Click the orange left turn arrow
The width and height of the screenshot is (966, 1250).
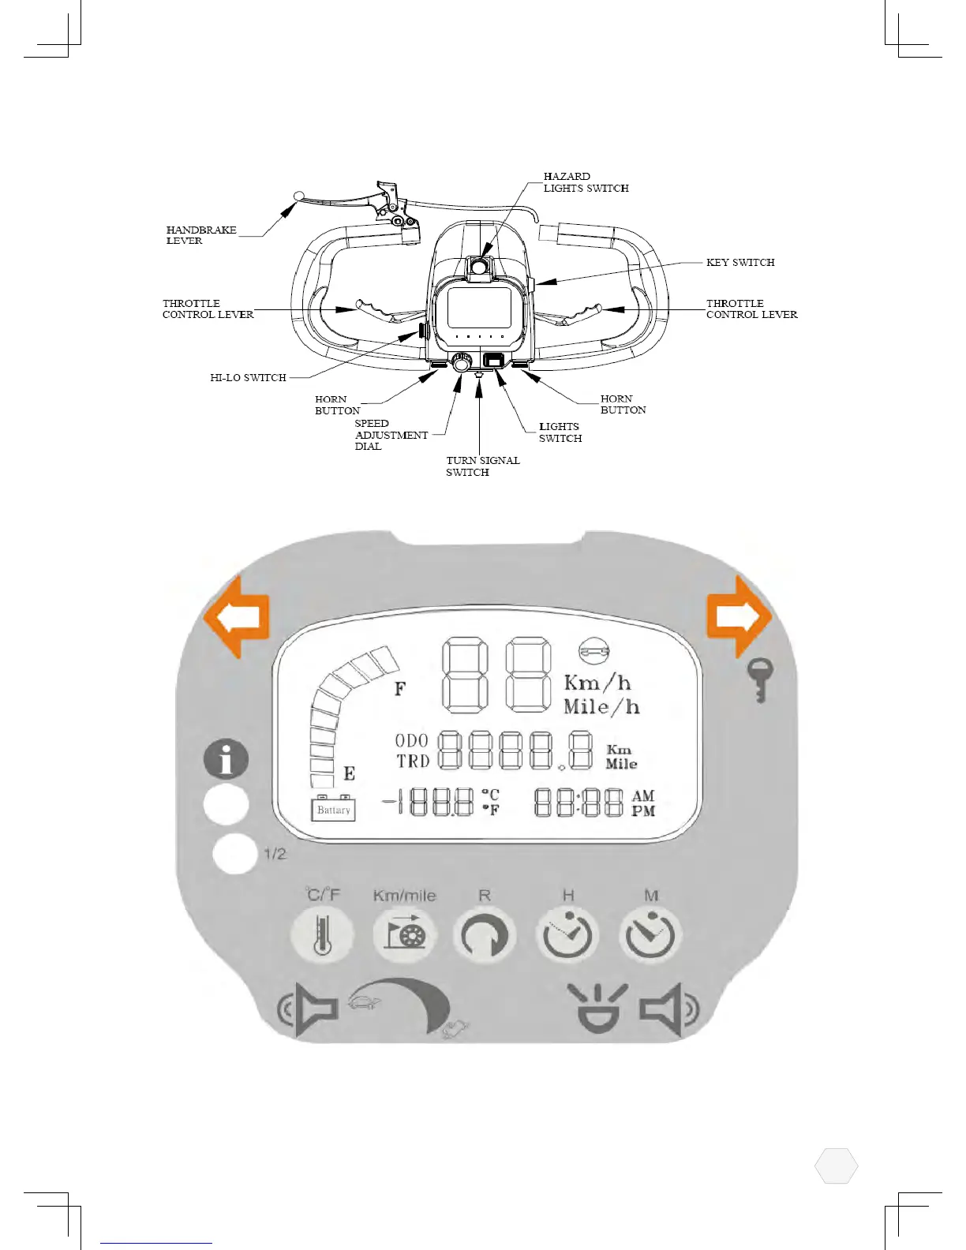tap(237, 616)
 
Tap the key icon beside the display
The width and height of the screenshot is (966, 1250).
tap(760, 680)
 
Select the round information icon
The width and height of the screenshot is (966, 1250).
tap(226, 759)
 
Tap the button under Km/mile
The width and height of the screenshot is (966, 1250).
tap(404, 935)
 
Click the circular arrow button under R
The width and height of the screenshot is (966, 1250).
tap(485, 936)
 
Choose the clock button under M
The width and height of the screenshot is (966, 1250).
tap(650, 936)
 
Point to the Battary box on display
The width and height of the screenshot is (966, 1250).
tap(333, 810)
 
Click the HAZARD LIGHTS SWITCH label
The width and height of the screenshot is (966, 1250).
tap(586, 182)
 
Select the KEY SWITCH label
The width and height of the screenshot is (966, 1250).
tap(740, 263)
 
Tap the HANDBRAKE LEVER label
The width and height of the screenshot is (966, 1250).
tap(200, 235)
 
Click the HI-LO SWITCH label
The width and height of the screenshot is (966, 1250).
tap(248, 378)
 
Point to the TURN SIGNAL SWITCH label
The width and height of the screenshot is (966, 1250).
tap(482, 466)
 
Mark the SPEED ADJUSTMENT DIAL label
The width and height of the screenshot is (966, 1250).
tap(391, 435)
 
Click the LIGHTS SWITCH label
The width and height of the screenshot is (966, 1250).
tap(560, 432)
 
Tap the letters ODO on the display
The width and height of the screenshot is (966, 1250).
tap(411, 740)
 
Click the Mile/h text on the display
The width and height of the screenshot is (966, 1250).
tap(601, 706)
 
